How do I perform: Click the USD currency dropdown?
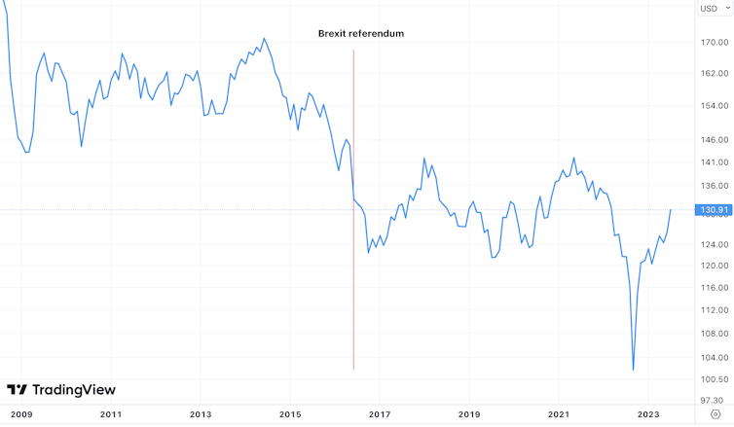[x=714, y=9]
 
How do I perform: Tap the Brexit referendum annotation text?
[x=360, y=33]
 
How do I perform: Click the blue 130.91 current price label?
[x=714, y=210]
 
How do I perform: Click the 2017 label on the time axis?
[x=380, y=414]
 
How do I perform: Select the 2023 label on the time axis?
[x=648, y=414]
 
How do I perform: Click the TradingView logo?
[x=60, y=390]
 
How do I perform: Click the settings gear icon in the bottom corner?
[x=716, y=414]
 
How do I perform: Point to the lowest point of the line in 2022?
[x=633, y=370]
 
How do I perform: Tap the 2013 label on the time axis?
[x=200, y=414]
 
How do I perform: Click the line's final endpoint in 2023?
[x=671, y=210]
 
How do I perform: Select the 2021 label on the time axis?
[x=559, y=414]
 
